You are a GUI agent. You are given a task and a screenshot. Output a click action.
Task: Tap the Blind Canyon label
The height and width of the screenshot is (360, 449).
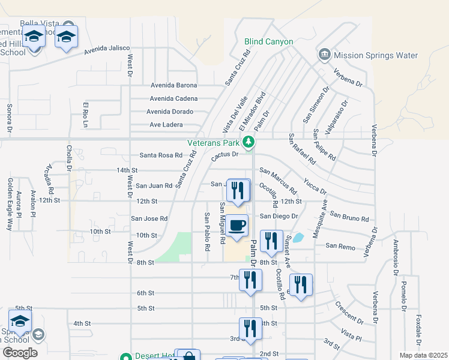(x=268, y=42)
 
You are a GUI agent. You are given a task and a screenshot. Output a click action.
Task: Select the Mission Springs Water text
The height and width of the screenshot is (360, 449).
(x=376, y=56)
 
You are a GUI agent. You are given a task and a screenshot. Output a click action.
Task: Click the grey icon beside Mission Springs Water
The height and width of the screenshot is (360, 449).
(x=325, y=55)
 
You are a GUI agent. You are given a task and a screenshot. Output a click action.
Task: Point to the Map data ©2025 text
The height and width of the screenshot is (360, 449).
(x=423, y=355)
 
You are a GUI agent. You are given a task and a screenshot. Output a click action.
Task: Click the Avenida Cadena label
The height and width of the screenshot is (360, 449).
(x=173, y=98)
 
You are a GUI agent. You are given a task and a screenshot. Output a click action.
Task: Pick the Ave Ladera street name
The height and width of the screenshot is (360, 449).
(x=171, y=125)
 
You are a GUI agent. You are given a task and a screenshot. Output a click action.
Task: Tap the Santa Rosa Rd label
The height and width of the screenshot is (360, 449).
(x=161, y=155)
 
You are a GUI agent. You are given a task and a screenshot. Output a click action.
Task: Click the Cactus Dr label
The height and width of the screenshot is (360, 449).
(x=225, y=154)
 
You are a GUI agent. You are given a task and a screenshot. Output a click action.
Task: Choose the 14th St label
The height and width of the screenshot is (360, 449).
(x=127, y=170)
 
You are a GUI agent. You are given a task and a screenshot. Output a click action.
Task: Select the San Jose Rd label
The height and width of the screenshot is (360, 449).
(x=149, y=219)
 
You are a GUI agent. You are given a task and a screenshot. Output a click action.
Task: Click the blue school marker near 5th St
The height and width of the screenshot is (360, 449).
(x=20, y=322)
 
